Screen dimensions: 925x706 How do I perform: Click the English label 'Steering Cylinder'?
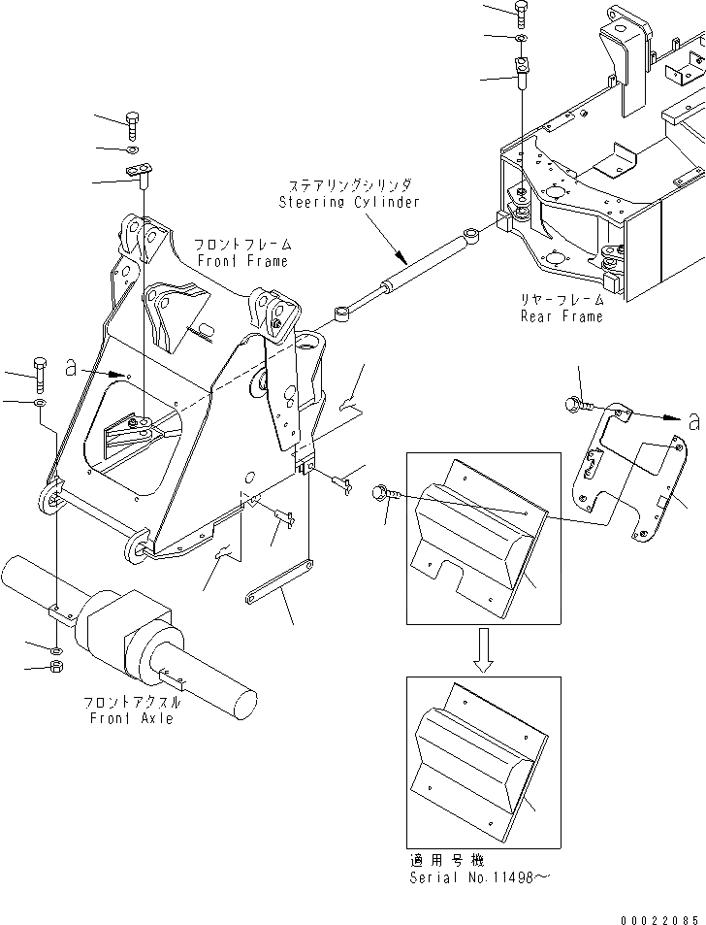[349, 202]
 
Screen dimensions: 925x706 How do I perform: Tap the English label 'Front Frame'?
[241, 261]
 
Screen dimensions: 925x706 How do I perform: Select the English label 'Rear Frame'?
[562, 315]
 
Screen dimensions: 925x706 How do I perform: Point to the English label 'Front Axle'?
[131, 718]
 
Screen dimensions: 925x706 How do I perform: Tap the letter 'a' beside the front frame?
[70, 368]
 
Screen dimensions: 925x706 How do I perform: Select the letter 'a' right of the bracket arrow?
[691, 420]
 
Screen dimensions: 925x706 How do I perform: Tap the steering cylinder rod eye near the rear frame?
[470, 235]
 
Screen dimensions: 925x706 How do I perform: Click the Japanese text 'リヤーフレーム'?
[562, 301]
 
